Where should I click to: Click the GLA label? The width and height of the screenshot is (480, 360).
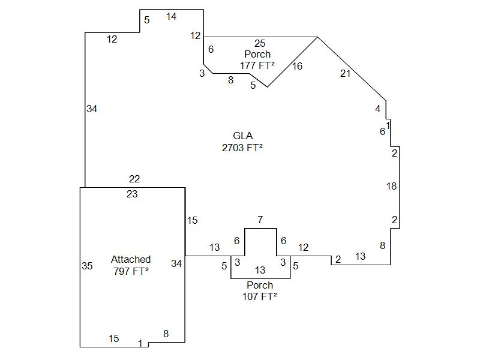coord(242,136)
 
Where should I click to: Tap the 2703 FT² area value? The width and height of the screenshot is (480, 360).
coord(242,148)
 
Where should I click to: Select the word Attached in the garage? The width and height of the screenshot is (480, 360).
coord(131,259)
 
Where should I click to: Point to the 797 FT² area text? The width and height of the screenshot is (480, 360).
coord(131,271)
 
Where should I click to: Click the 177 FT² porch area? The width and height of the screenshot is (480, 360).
coord(257,65)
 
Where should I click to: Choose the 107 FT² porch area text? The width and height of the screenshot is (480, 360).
coord(260,296)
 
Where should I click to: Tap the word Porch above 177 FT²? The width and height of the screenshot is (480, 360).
coord(257,54)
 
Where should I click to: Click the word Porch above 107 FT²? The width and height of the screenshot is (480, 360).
coord(260,285)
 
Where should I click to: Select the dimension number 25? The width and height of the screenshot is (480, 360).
coord(260,43)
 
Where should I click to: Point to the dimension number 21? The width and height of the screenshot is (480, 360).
coord(345,73)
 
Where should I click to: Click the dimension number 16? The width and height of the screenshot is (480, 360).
coord(298,66)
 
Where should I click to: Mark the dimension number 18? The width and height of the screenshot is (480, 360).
coord(391,187)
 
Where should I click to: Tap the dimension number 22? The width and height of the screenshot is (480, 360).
coord(134,179)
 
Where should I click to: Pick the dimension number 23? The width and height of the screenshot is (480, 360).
coord(132,194)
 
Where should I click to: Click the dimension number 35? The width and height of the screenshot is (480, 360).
coord(87,266)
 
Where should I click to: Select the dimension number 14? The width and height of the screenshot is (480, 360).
coord(172,16)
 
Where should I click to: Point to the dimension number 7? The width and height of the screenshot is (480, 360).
coord(260,220)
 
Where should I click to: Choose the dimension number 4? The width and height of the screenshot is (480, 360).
coord(378,109)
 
